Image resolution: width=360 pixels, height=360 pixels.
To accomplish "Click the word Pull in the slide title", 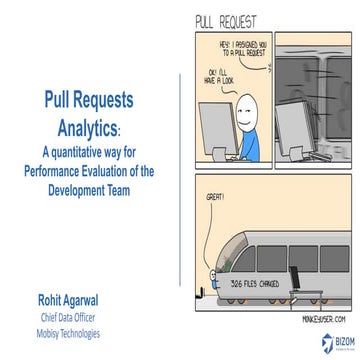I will (x=59, y=102).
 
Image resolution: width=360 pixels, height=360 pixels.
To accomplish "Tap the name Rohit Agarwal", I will (x=62, y=297).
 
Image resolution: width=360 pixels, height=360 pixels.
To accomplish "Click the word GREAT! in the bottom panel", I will (x=213, y=200).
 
